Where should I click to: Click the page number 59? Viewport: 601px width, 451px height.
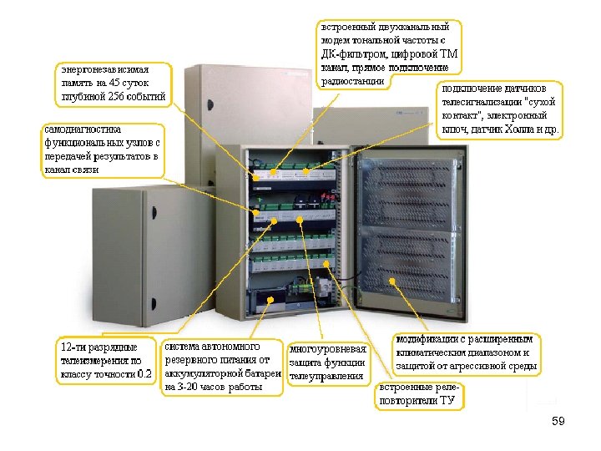pyautogui.click(x=558, y=422)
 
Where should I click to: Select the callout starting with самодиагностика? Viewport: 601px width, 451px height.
pyautogui.click(x=103, y=149)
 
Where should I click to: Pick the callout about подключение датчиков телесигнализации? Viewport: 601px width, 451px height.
pyautogui.click(x=500, y=109)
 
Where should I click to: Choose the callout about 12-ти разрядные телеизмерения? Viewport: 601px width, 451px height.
pyautogui.click(x=106, y=360)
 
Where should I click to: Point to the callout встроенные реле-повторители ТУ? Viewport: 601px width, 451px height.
pyautogui.click(x=417, y=395)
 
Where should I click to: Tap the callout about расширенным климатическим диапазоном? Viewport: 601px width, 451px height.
pyautogui.click(x=467, y=353)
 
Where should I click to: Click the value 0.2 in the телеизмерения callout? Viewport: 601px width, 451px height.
pyautogui.click(x=145, y=374)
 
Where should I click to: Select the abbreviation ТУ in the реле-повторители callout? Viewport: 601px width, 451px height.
pyautogui.click(x=447, y=401)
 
